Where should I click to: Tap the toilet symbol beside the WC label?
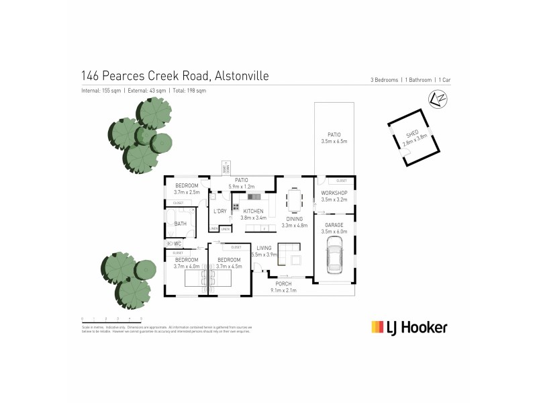pyautogui.click(x=170, y=243)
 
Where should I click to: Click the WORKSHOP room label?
pyautogui.click(x=334, y=193)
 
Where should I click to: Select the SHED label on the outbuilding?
pyautogui.click(x=412, y=136)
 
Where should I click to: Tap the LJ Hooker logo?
pyautogui.click(x=409, y=327)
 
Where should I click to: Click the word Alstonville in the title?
pyautogui.click(x=242, y=76)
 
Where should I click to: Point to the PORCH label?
pyautogui.click(x=283, y=284)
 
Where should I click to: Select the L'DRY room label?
pyautogui.click(x=219, y=212)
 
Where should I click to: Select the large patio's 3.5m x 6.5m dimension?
pyautogui.click(x=334, y=142)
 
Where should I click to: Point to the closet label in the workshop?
pyautogui.click(x=341, y=181)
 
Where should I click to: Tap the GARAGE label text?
pyautogui.click(x=334, y=225)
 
